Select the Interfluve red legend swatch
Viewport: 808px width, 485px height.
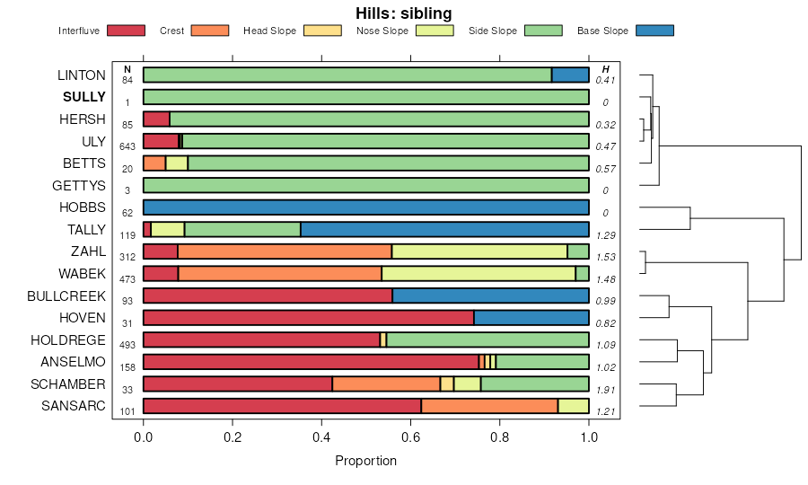tap(126, 31)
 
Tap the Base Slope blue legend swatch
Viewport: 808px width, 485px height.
tap(654, 31)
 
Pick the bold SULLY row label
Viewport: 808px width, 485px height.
tap(84, 97)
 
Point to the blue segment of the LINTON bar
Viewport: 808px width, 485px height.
tap(570, 75)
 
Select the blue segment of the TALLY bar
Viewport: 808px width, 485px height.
tap(444, 229)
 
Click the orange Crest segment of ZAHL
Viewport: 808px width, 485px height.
tap(285, 251)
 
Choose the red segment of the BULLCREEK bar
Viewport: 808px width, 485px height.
tap(268, 295)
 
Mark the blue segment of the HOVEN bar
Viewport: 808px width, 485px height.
tap(531, 317)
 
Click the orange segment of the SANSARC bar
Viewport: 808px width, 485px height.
tap(489, 406)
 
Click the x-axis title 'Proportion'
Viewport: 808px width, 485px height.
tap(365, 461)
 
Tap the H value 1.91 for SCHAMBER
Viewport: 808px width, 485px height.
tap(607, 391)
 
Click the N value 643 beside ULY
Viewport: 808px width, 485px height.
tap(127, 146)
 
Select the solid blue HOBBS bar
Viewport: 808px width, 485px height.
tap(366, 207)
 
